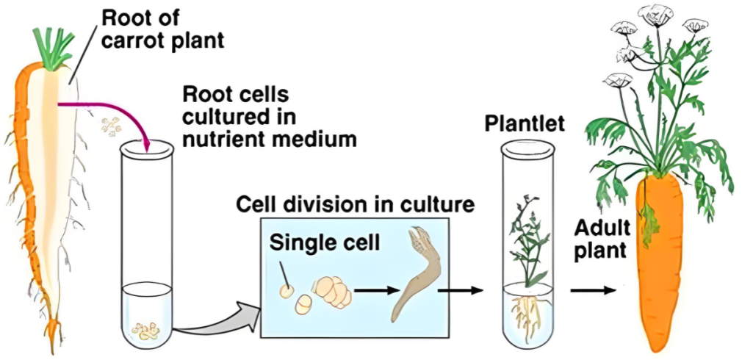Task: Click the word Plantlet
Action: [525, 123]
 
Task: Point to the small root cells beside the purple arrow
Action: [112, 127]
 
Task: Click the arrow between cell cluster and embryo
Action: [372, 289]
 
